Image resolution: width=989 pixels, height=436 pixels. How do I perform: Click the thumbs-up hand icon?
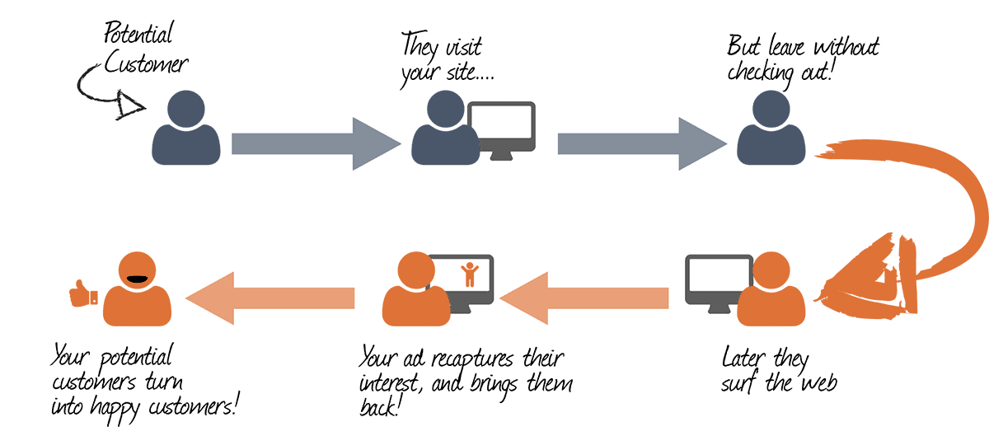(83, 293)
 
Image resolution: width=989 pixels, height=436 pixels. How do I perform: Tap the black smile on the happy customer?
(137, 279)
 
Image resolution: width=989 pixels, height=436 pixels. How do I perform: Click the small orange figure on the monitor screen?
(469, 274)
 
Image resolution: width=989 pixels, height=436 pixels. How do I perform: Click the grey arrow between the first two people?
(316, 143)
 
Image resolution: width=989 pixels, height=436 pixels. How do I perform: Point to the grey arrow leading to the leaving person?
(642, 143)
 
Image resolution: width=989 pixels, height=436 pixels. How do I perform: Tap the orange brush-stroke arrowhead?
(868, 279)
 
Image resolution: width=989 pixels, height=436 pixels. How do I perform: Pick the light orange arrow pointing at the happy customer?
(270, 298)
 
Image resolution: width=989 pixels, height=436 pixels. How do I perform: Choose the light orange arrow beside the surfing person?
(584, 298)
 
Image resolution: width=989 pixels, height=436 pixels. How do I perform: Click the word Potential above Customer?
(138, 33)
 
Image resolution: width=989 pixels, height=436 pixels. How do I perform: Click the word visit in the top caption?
(463, 47)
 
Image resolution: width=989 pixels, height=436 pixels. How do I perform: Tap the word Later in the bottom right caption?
(743, 358)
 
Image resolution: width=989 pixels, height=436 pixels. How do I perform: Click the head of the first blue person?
(186, 109)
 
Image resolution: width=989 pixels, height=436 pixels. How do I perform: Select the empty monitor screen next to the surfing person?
(719, 274)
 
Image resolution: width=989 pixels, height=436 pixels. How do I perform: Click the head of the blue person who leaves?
(771, 109)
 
